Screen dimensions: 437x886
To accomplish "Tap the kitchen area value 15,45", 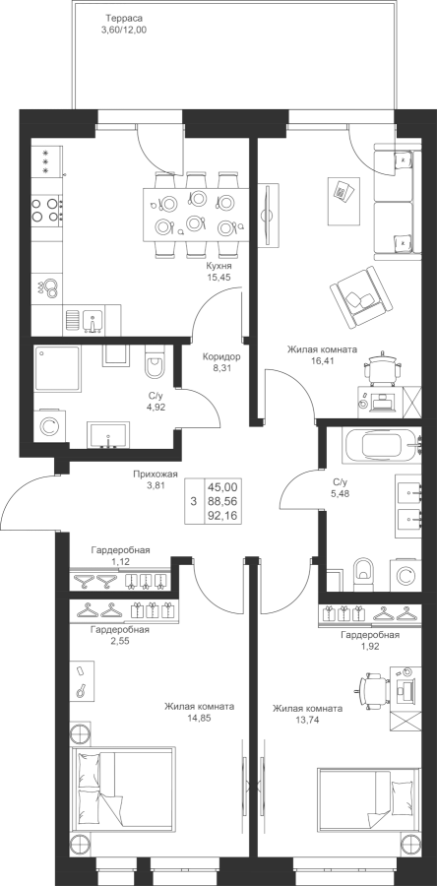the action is point(219,278).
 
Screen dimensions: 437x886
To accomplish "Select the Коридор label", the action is point(221,357).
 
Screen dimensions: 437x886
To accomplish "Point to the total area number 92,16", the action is point(223,515).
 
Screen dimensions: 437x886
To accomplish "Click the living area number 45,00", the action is point(223,486).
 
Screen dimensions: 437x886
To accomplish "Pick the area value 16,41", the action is point(323,360).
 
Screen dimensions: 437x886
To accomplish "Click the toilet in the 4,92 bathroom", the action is point(154,364).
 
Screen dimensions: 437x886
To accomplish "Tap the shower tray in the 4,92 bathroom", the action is point(57,369).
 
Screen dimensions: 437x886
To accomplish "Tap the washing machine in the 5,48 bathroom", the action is point(405,575).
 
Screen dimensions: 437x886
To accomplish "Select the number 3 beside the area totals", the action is point(194,501).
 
